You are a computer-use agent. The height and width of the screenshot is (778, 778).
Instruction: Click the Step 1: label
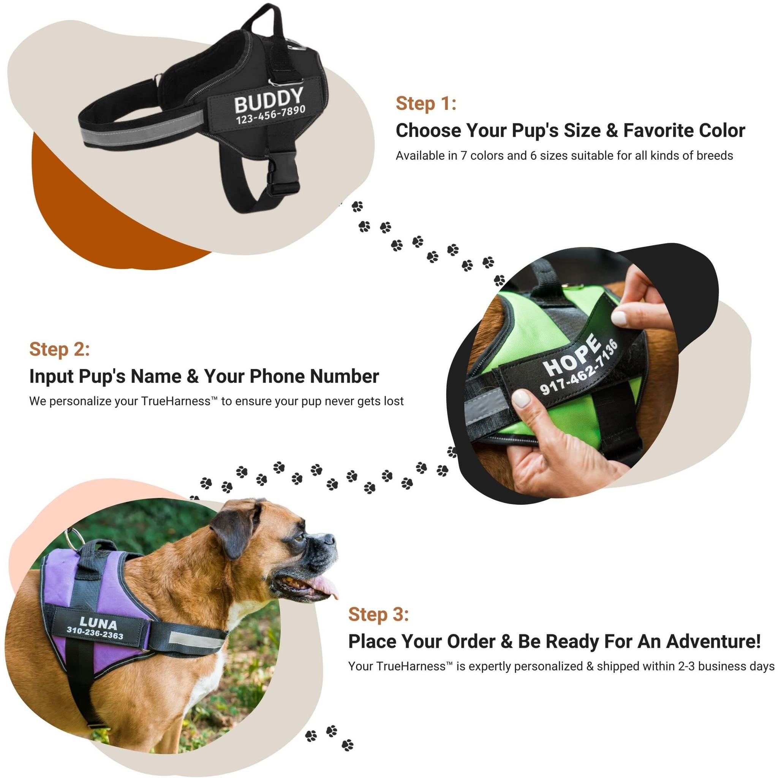point(426,103)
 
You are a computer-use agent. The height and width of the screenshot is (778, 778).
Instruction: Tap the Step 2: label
point(60,349)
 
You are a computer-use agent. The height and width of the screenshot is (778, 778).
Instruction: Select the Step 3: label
point(378,614)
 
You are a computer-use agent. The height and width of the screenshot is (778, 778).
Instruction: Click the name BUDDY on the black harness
point(269,100)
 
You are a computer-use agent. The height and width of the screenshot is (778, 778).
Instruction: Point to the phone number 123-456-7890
point(270,115)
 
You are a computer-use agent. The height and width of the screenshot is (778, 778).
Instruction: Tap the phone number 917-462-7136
point(579,367)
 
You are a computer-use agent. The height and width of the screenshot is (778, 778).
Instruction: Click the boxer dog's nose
point(327,539)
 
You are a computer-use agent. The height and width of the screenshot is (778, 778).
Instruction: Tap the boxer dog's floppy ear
point(232,528)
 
